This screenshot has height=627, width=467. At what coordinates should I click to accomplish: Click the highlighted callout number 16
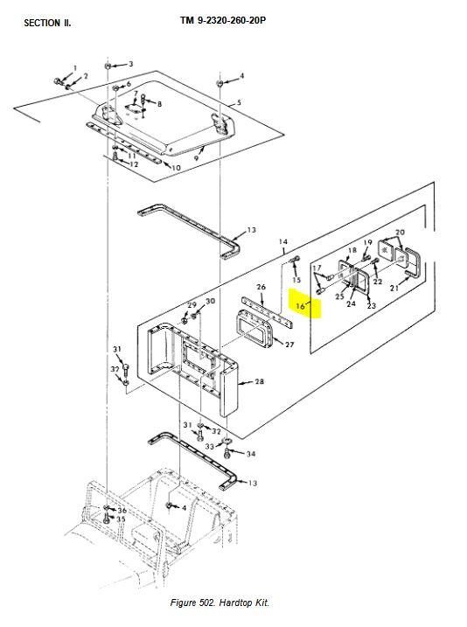tap(300, 306)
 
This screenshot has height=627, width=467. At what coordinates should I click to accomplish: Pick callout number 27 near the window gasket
tap(289, 345)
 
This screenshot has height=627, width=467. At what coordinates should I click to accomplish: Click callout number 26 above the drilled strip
tap(261, 287)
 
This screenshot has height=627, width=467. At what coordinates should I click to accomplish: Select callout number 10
tap(175, 167)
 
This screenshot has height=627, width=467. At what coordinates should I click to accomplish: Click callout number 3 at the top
tap(130, 64)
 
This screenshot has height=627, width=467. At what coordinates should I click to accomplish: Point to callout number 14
tap(282, 240)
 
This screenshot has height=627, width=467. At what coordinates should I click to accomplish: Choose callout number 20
tap(400, 233)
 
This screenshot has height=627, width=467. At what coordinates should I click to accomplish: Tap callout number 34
tap(251, 454)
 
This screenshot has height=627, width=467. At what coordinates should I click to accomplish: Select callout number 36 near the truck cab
tap(122, 510)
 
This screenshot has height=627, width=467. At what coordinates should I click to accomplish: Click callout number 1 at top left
tap(74, 67)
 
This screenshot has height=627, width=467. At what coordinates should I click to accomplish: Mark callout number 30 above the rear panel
tap(210, 302)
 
